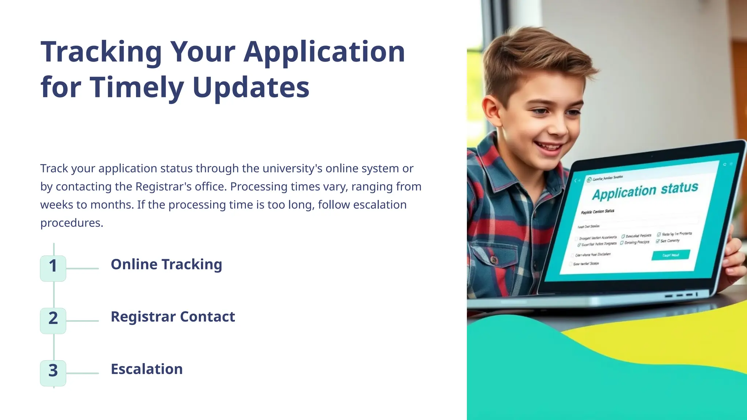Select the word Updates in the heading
251,87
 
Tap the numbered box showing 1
53,266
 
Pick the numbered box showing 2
53,318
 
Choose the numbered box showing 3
53,371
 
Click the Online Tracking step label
166,264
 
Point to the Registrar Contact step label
173,317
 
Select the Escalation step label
147,369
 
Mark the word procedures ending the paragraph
71,223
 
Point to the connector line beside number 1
82,269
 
